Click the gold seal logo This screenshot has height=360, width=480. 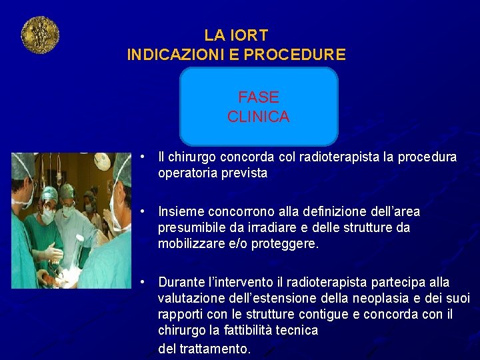pyautogui.click(x=40, y=35)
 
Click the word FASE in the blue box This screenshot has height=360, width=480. pyautogui.click(x=258, y=97)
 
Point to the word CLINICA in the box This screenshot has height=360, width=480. pyautogui.click(x=258, y=117)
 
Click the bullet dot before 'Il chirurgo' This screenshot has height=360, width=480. pyautogui.click(x=143, y=157)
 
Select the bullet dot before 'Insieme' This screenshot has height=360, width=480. pyautogui.click(x=143, y=212)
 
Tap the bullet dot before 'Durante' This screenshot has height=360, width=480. pyautogui.click(x=143, y=283)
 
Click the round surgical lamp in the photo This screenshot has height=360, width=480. pyautogui.click(x=102, y=161)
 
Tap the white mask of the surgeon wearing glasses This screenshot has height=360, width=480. pyautogui.click(x=48, y=216)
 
